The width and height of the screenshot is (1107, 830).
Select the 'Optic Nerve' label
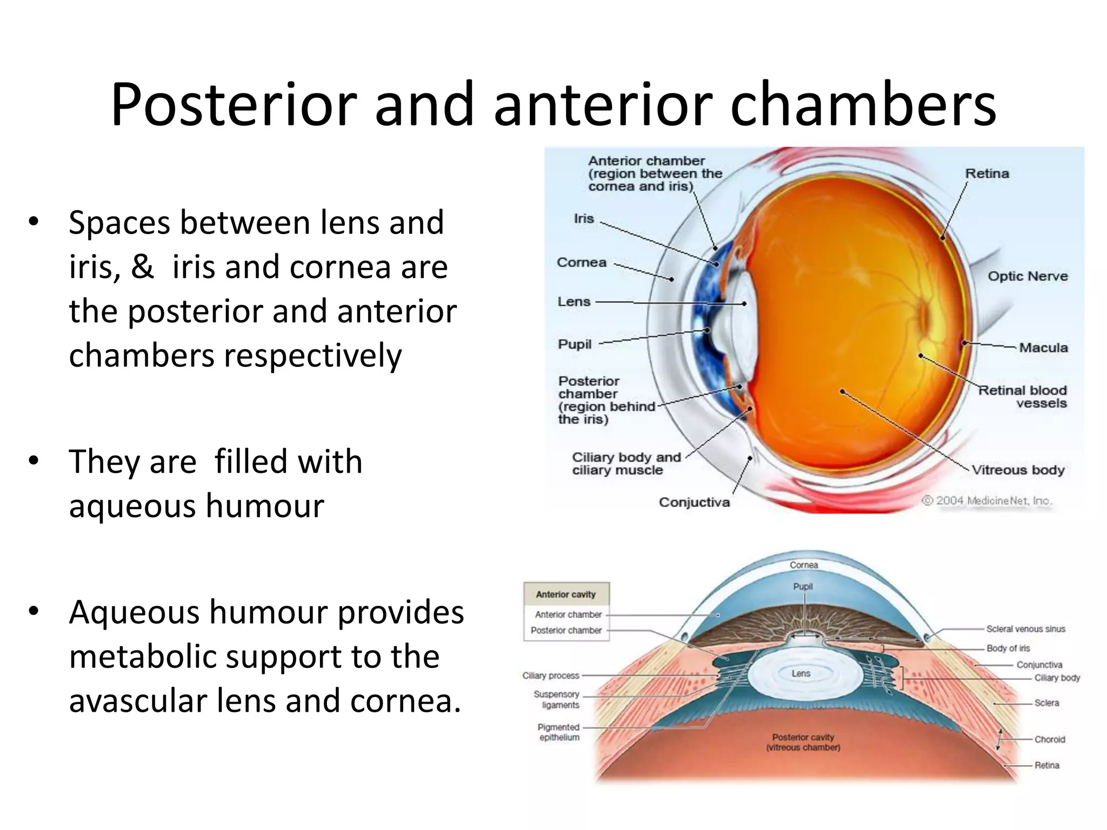1028,276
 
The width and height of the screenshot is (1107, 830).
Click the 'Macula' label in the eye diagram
1043,347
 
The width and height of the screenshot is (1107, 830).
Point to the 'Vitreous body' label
1018,470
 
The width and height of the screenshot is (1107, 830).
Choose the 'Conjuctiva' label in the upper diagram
694,502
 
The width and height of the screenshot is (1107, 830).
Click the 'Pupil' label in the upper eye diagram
575,344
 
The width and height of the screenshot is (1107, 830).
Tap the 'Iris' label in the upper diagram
584,218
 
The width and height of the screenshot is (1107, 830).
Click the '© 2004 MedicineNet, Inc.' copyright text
986,500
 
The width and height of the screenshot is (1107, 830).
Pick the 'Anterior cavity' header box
566,594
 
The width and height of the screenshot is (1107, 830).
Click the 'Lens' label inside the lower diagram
801,673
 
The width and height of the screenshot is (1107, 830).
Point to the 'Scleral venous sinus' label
1025,629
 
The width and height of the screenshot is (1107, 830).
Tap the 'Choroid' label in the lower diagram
1050,739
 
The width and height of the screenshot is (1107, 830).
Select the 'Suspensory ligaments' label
557,699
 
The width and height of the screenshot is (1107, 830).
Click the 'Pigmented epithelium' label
559,732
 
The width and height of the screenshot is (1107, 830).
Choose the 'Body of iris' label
1008,648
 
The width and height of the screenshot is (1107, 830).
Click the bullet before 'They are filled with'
34,460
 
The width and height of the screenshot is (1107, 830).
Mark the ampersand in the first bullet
142,266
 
